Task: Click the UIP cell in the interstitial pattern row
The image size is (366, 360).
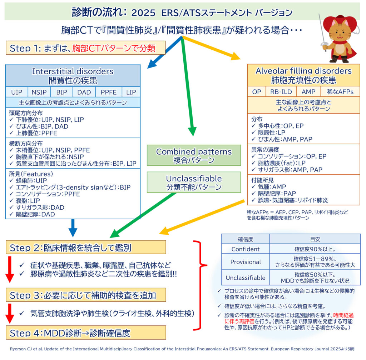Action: tap(16, 92)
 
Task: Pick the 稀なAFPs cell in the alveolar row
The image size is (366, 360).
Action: tap(340, 91)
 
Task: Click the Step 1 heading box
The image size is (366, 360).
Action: tap(85, 48)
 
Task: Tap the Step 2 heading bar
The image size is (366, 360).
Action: tap(86, 247)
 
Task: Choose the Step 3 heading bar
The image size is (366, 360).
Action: tap(86, 295)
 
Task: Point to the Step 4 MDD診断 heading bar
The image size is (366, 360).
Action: tap(86, 332)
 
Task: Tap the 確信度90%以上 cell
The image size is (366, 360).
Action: tap(315, 249)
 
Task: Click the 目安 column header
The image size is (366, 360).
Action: tap(315, 239)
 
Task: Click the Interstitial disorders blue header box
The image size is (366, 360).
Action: tap(73, 75)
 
